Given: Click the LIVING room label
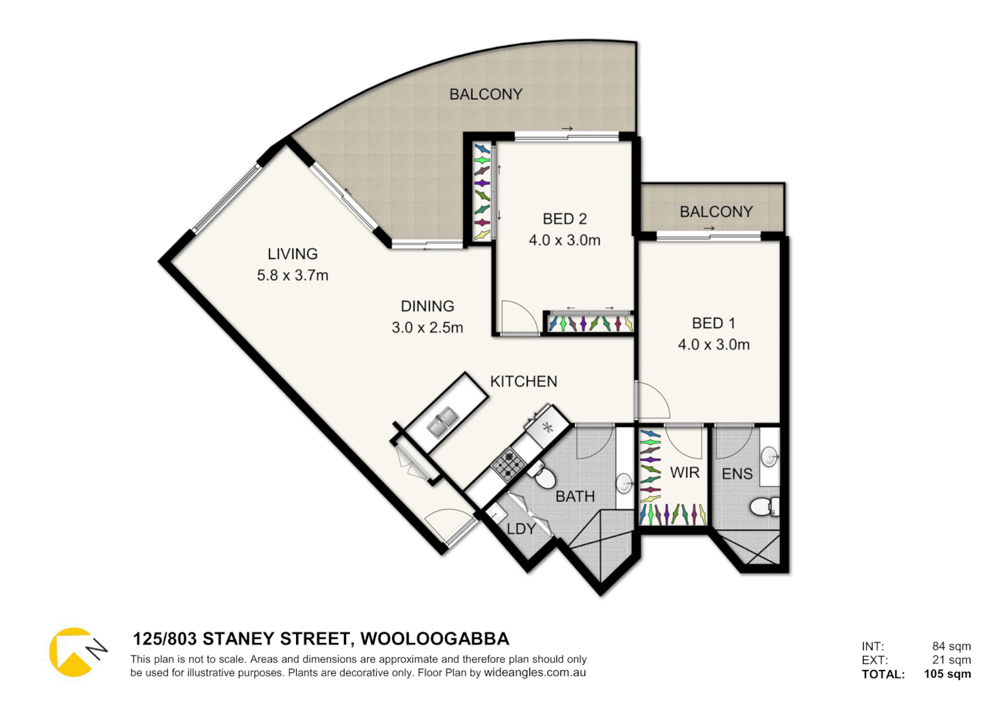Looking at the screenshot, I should coord(292,254).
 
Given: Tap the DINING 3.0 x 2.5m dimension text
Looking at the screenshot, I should coord(428,327).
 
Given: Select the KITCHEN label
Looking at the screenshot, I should coord(524,381).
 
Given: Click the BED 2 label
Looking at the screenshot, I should coord(564,219).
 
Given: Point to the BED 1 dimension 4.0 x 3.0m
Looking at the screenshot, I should coord(714,344).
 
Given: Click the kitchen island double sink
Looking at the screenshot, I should coord(443,422).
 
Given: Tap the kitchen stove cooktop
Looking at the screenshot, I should coord(508,463).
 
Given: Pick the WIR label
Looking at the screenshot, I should coord(684,473).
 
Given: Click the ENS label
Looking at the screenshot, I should coord(737,474).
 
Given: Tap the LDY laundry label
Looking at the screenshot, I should coord(520,529).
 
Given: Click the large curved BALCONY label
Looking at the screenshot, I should coord(485,95).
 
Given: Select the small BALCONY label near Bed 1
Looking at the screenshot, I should coord(716,212).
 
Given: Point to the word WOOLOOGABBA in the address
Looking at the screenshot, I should coord(435,639).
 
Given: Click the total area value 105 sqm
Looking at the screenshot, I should coord(947,674).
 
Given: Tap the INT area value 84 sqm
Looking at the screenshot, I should coord(951,646).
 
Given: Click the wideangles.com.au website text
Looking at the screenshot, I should coord(535,673).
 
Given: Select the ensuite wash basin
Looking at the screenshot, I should coord(769,456).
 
